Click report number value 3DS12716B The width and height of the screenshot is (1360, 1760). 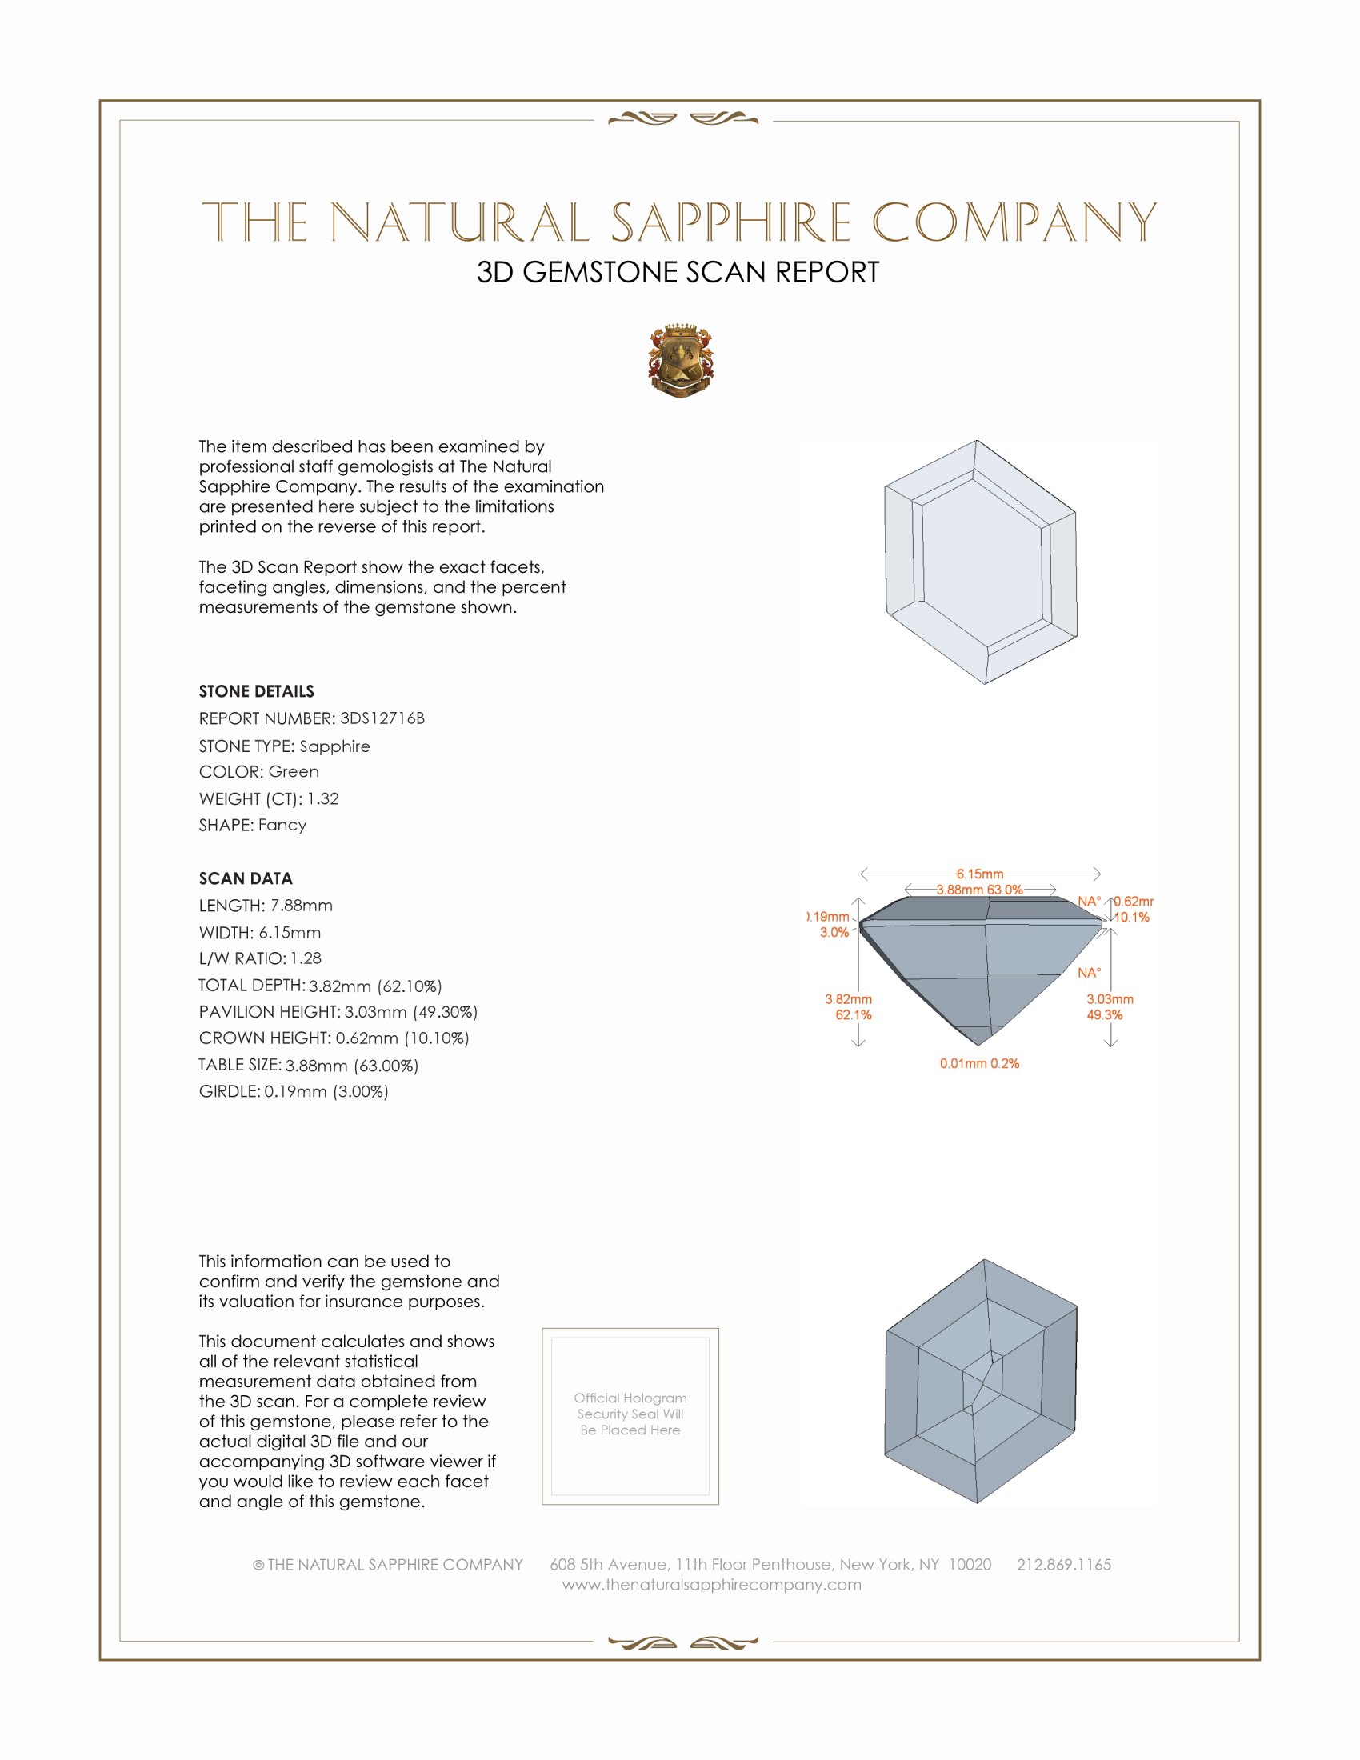click(382, 718)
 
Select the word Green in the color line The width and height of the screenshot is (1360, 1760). click(294, 771)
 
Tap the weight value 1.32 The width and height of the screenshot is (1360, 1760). click(322, 798)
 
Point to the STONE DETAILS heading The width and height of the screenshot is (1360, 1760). click(256, 691)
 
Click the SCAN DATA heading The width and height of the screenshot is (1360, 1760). click(246, 878)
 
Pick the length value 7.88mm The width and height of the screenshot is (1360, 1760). click(302, 905)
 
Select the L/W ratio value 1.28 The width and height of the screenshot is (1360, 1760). click(306, 958)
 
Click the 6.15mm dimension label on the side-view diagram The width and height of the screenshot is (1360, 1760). click(980, 874)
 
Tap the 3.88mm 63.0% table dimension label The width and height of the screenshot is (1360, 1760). click(979, 890)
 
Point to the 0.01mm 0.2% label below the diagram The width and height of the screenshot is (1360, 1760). click(979, 1064)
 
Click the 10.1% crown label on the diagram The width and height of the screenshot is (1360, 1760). click(1131, 917)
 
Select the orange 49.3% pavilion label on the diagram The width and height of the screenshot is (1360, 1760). click(1104, 1014)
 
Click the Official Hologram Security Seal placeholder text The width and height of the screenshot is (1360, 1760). click(630, 1414)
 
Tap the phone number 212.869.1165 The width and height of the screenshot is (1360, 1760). click(1063, 1564)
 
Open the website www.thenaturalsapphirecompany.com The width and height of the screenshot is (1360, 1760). click(711, 1584)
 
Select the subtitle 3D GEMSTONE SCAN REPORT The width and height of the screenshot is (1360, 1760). click(678, 272)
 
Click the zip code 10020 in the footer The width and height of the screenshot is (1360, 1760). click(970, 1564)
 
